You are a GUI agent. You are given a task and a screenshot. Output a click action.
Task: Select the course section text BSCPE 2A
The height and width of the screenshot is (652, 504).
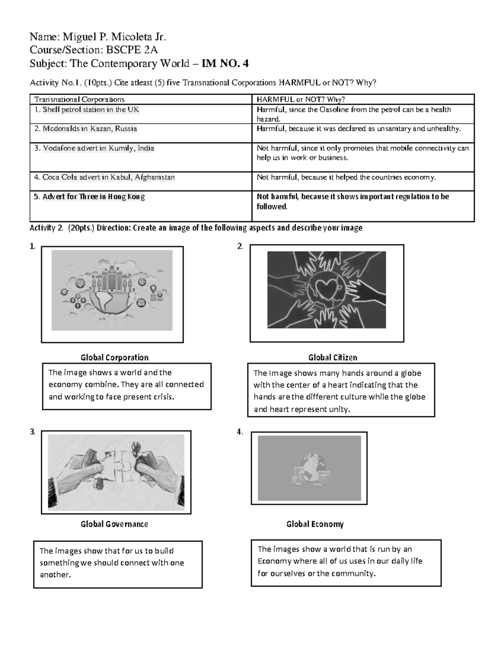[x=131, y=50]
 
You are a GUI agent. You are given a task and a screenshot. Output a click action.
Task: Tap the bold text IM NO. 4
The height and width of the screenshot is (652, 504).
[x=225, y=64]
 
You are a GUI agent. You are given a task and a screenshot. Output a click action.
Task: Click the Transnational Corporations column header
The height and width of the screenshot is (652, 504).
[x=79, y=100]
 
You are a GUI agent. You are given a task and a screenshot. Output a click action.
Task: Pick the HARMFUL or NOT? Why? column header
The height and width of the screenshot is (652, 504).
[x=301, y=100]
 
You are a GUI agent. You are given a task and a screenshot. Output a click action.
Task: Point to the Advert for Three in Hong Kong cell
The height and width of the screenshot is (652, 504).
[x=94, y=197]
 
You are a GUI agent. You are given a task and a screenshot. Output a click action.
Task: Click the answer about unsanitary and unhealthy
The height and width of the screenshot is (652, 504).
[x=359, y=129]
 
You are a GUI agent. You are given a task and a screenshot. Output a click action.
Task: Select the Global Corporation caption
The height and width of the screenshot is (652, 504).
[x=114, y=358]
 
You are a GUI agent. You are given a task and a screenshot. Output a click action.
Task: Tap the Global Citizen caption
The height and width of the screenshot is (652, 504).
[x=333, y=358]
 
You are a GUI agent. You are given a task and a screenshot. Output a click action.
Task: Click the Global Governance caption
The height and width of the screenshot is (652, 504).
[x=114, y=524]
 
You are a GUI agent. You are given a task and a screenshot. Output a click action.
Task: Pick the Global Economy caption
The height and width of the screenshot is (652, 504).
[x=315, y=524]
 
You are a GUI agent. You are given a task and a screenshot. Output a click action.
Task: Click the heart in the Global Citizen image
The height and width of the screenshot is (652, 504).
[x=326, y=290]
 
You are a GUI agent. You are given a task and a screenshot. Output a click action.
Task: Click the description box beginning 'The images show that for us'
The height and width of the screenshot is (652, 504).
[x=118, y=564]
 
